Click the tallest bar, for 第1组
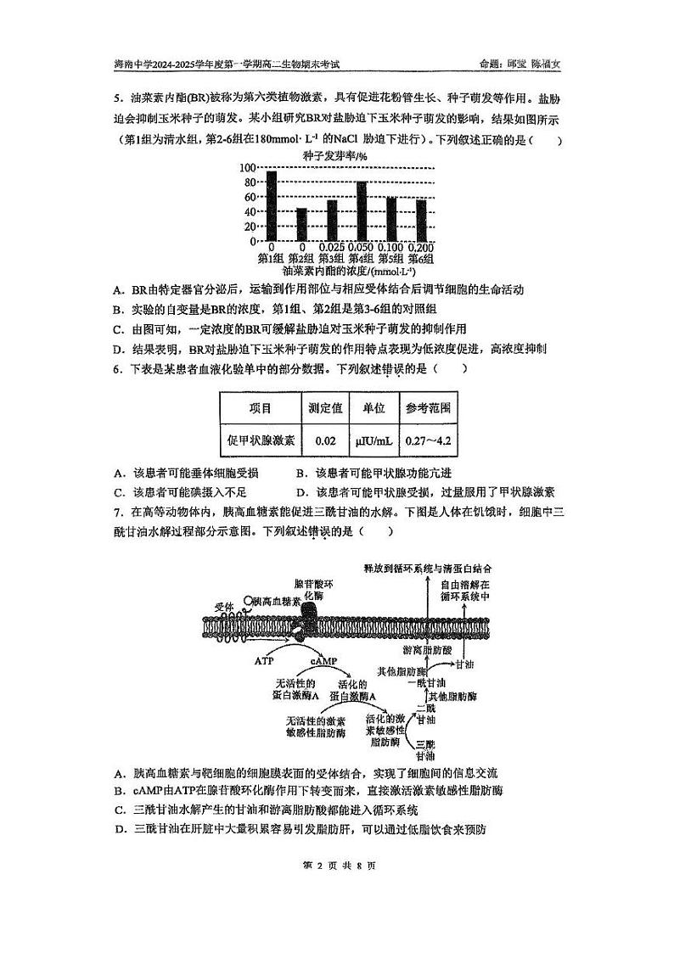pos(272,205)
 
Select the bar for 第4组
pos(362,211)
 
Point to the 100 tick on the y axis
pos(247,168)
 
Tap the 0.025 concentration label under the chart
pos(331,247)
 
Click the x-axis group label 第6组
pos(421,259)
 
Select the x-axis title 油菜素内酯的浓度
pos(337,271)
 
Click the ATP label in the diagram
pos(265,659)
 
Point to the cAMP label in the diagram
pos(323,659)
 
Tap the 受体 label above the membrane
pos(224,606)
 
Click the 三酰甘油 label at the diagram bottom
pos(424,749)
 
